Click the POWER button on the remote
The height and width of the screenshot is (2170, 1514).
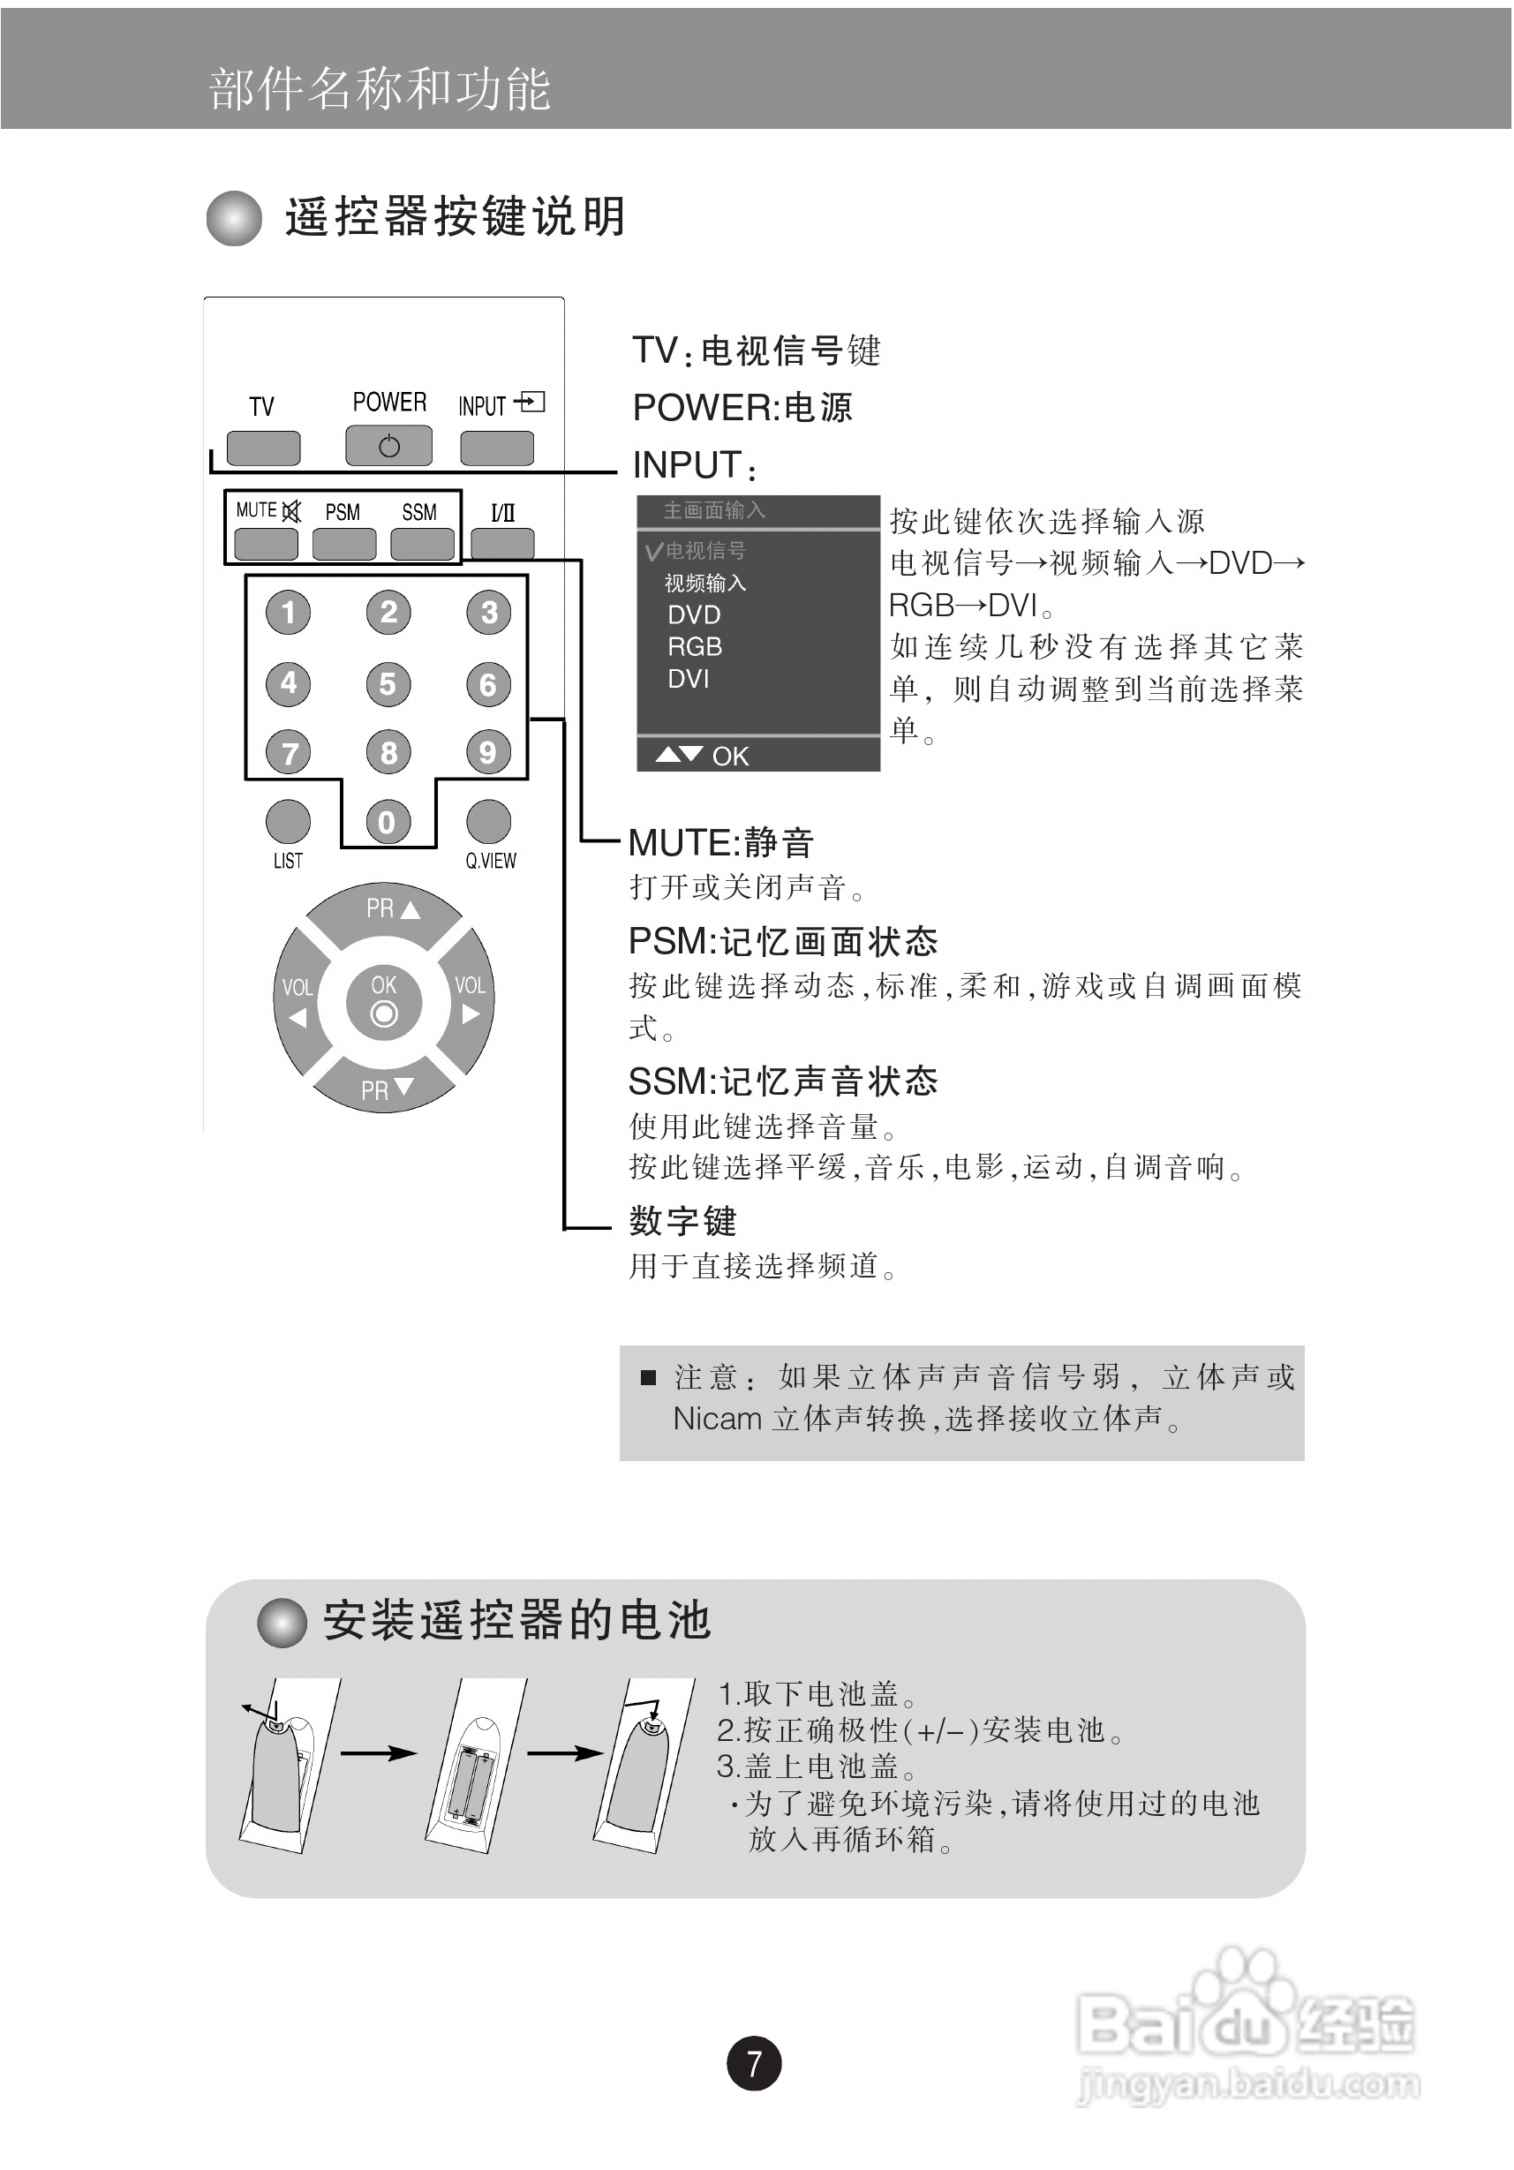click(388, 445)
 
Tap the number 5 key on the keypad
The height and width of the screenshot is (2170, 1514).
click(388, 683)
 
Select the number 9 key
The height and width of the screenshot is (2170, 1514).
click(487, 752)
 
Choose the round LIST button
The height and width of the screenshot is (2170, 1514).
click(289, 821)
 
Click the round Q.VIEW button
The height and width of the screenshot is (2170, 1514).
click(488, 821)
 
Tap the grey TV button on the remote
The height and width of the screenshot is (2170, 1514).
click(263, 448)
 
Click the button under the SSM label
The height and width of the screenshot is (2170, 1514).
click(421, 544)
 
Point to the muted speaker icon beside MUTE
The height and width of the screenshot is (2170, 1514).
click(292, 511)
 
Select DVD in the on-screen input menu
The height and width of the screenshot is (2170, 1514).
click(694, 615)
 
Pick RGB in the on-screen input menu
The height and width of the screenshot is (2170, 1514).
click(695, 647)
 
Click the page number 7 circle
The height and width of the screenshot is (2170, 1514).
click(753, 2062)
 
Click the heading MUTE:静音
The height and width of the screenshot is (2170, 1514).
click(720, 842)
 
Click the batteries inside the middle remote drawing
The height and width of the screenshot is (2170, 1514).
click(472, 1783)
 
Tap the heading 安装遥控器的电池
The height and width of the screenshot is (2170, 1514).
click(516, 1620)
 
